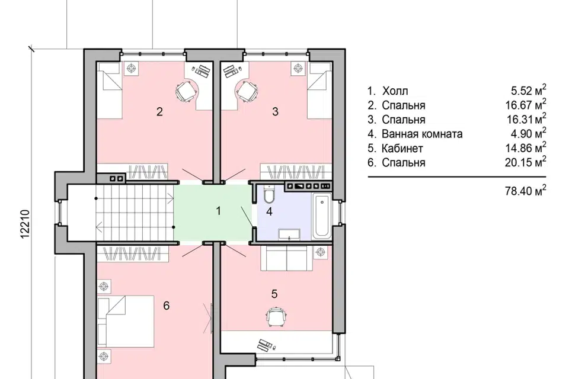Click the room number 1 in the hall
click(218, 211)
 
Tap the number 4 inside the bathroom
click(269, 211)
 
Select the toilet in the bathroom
click(270, 194)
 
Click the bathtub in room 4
click(322, 217)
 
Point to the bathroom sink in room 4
click(289, 235)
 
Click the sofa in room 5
click(287, 258)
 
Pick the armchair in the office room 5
click(277, 317)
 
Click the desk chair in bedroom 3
click(247, 91)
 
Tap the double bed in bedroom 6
click(126, 321)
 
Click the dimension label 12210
click(25, 224)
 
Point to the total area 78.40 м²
click(526, 190)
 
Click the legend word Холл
click(395, 91)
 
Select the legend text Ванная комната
click(422, 134)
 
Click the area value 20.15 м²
click(526, 162)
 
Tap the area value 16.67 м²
click(526, 105)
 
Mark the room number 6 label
click(166, 306)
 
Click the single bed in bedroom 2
click(108, 89)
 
